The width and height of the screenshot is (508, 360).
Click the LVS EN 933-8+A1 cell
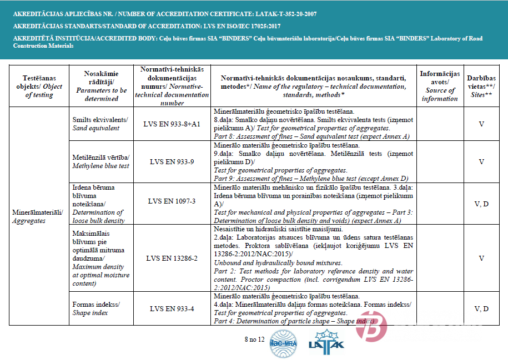pos(172,124)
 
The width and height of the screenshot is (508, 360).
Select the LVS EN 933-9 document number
pos(172,162)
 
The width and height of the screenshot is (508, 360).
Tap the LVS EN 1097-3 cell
pos(172,201)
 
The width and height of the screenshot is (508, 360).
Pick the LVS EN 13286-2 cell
pos(172,258)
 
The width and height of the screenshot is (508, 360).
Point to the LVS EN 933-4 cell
pos(172,309)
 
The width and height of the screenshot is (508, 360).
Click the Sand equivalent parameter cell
pos(100,124)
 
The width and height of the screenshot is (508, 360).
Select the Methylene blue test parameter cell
pos(100,162)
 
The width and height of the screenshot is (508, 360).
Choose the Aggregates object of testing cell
pos(39,216)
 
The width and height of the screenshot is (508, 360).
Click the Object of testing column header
pos(39,87)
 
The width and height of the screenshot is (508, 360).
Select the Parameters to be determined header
pos(100,86)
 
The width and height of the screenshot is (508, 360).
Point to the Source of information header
pos(440,86)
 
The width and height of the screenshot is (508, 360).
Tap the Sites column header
pos(481,86)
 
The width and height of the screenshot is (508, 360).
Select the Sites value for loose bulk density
pos(481,204)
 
